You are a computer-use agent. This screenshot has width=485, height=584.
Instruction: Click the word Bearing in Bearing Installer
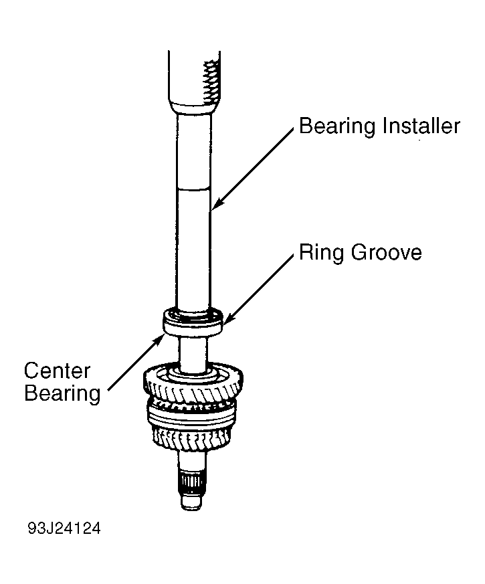(x=337, y=126)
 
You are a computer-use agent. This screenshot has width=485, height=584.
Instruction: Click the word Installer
(x=421, y=126)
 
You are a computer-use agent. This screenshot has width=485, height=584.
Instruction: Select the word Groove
(x=386, y=252)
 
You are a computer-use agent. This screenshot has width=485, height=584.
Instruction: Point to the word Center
(x=57, y=371)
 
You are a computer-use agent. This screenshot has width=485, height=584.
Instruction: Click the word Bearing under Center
(x=62, y=394)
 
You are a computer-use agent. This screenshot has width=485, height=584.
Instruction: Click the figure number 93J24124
(x=64, y=528)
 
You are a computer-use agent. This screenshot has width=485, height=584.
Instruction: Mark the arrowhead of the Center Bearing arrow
(x=160, y=339)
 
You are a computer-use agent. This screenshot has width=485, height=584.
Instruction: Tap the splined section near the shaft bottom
(x=191, y=483)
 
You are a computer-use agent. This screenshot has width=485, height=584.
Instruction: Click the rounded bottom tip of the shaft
(x=191, y=503)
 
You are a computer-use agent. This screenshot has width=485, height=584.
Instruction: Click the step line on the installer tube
(x=193, y=189)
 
